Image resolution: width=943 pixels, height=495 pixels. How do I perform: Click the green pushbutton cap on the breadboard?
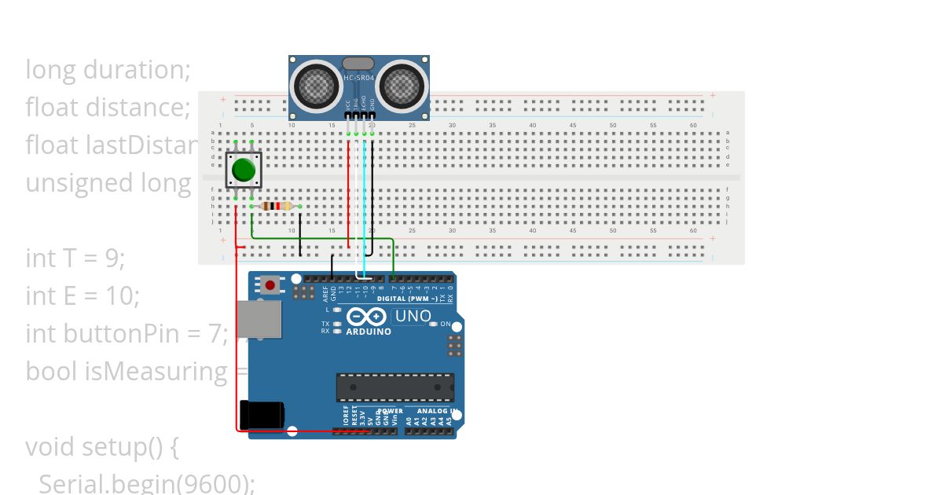(244, 170)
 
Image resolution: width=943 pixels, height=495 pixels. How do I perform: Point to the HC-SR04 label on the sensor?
(359, 77)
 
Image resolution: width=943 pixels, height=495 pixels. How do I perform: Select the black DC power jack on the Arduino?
(259, 414)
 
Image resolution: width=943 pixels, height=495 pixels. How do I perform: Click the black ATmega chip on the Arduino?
(394, 387)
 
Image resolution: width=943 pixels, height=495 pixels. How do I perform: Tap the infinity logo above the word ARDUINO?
(367, 317)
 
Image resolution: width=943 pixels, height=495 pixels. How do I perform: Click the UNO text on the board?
(413, 316)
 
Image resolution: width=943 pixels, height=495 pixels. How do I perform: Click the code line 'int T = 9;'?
(75, 258)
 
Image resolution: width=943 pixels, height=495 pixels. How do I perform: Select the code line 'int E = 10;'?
(83, 295)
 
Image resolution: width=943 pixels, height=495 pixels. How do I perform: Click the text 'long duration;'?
(108, 70)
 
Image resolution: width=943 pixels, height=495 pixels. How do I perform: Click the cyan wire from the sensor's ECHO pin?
(364, 204)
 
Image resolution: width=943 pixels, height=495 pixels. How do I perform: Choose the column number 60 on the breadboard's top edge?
(693, 125)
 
